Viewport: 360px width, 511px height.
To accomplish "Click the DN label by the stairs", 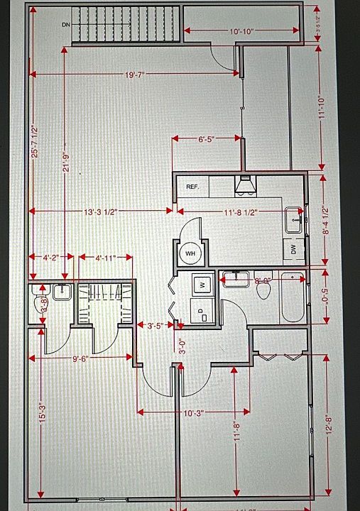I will point(66,24).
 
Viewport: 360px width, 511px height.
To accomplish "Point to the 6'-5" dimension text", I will point(207,140).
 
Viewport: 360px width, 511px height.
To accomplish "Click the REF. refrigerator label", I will point(192,187).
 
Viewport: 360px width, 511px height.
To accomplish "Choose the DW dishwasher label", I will point(293,248).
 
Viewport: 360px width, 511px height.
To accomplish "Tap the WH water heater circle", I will point(190,253).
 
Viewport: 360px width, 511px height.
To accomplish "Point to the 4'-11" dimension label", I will point(104,258).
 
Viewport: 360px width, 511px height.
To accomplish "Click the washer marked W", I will point(202,285).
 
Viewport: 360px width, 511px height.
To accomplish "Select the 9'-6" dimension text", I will point(80,358).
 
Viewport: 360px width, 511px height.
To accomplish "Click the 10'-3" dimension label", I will point(194,412).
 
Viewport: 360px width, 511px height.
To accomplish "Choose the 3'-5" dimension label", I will point(154,326).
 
